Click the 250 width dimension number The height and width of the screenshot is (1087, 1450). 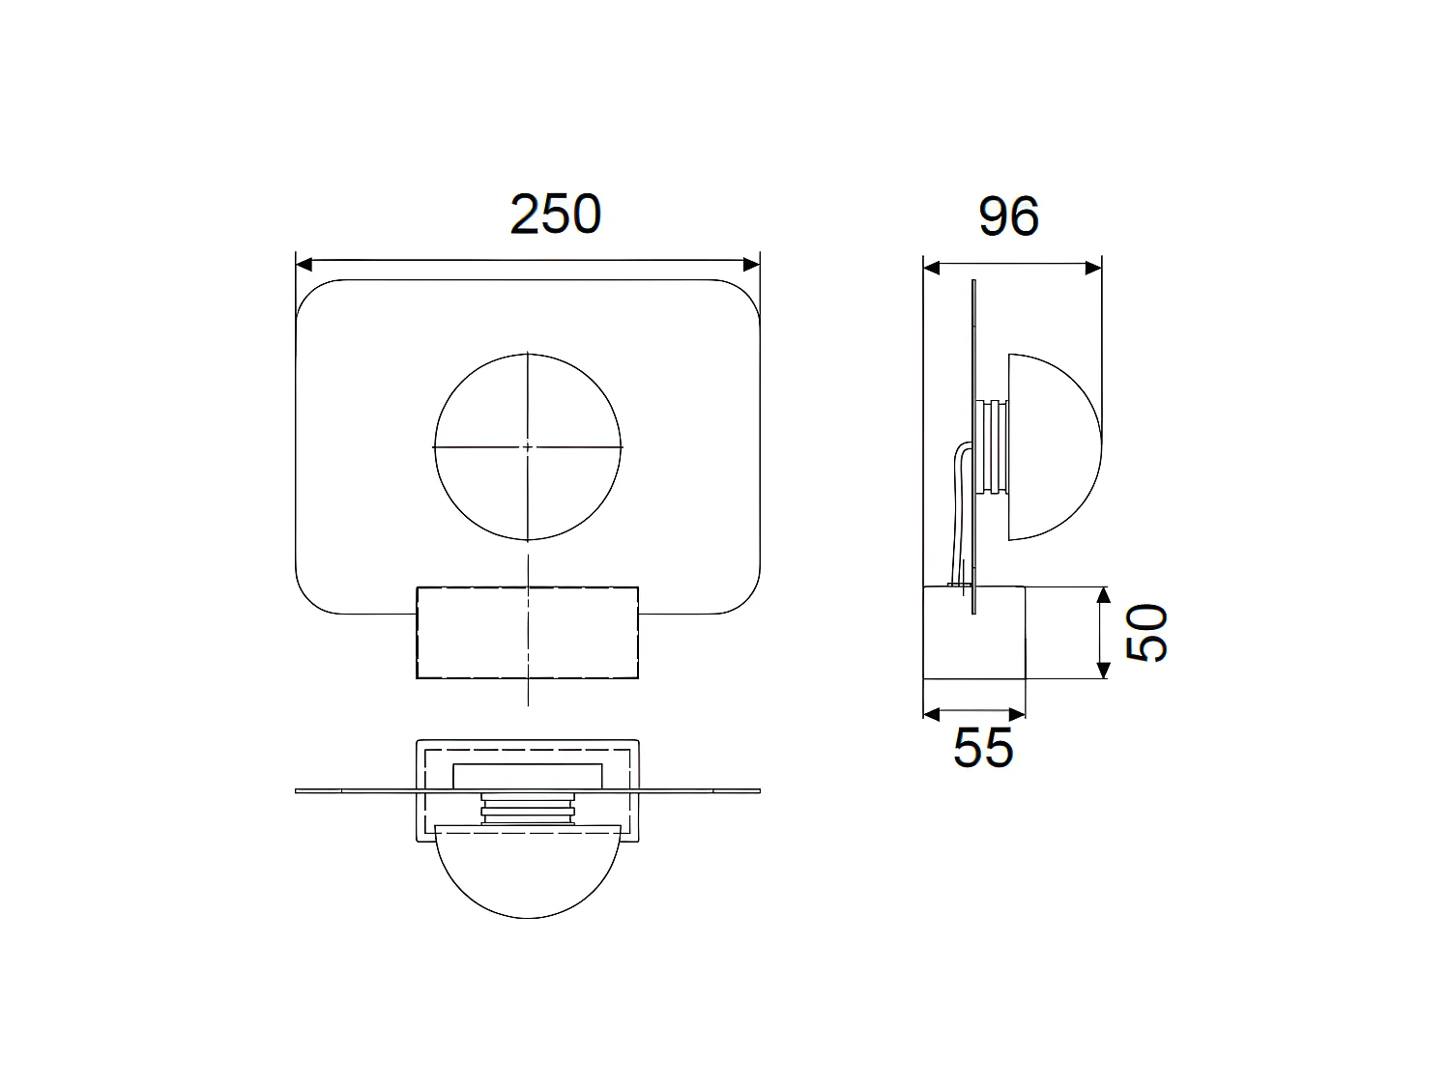[x=555, y=215]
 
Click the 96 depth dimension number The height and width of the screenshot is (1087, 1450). [x=1008, y=216]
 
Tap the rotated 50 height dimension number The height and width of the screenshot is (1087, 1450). [x=1148, y=633]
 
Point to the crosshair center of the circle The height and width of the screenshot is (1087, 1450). [x=528, y=447]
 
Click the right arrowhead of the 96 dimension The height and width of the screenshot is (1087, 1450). [x=1093, y=268]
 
